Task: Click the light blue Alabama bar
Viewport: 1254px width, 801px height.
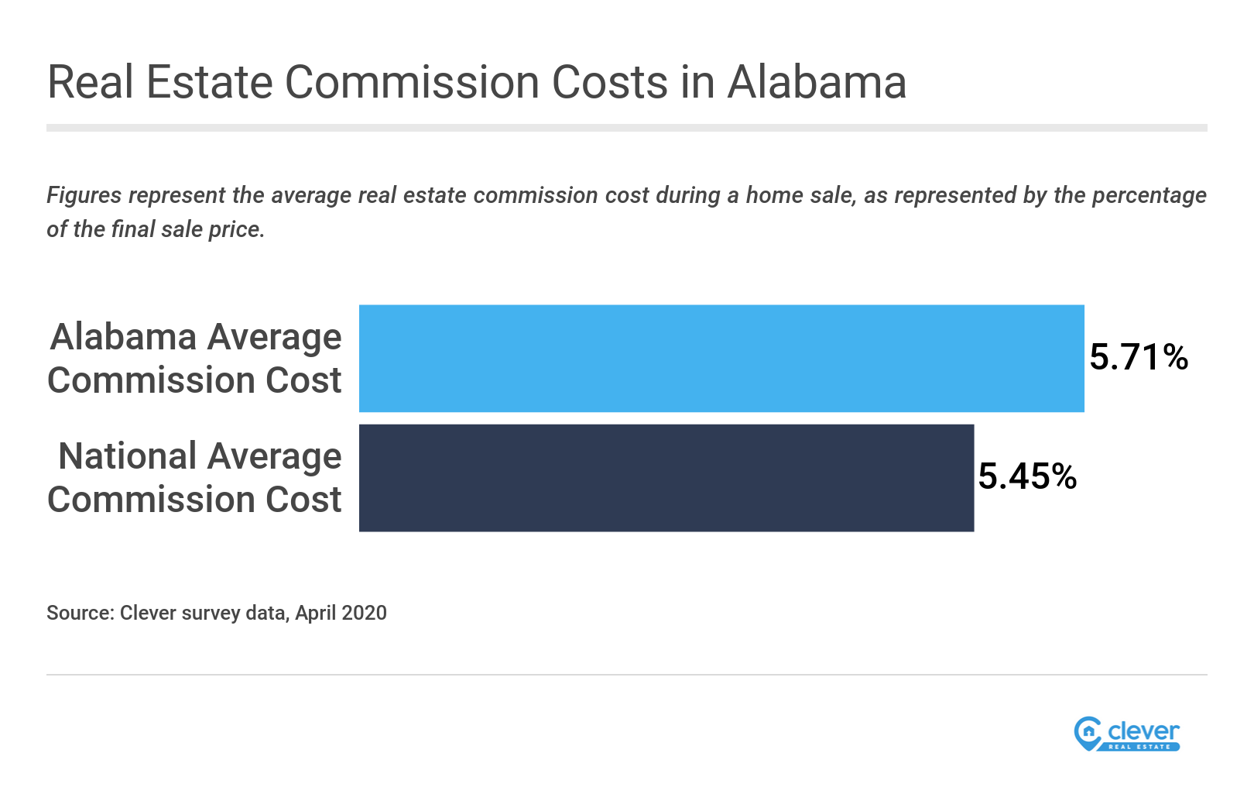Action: [x=721, y=358]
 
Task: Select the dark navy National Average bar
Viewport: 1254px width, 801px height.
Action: [x=666, y=477]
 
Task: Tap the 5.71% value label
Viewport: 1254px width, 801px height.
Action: [x=1139, y=357]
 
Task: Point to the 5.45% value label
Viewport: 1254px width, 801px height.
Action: [x=1027, y=476]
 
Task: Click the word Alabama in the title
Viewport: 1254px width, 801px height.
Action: [x=817, y=82]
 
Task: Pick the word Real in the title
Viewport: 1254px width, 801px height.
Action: [x=91, y=82]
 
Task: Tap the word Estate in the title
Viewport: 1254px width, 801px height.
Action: [x=210, y=82]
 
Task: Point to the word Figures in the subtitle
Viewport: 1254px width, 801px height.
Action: [x=84, y=195]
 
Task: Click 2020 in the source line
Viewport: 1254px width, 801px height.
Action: [x=364, y=613]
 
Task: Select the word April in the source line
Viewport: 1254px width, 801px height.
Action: [x=315, y=613]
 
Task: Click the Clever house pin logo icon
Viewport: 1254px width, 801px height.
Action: [x=1088, y=733]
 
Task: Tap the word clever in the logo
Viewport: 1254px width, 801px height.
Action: [x=1143, y=731]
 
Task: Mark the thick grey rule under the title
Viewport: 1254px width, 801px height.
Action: [x=626, y=128]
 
